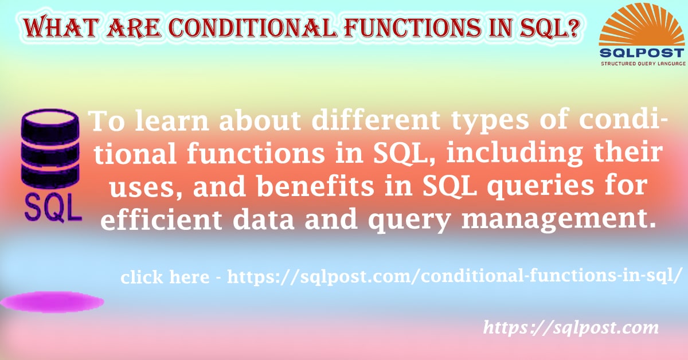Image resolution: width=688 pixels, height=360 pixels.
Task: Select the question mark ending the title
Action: point(569,27)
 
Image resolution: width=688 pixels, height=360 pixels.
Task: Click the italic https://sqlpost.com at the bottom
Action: point(571,328)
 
